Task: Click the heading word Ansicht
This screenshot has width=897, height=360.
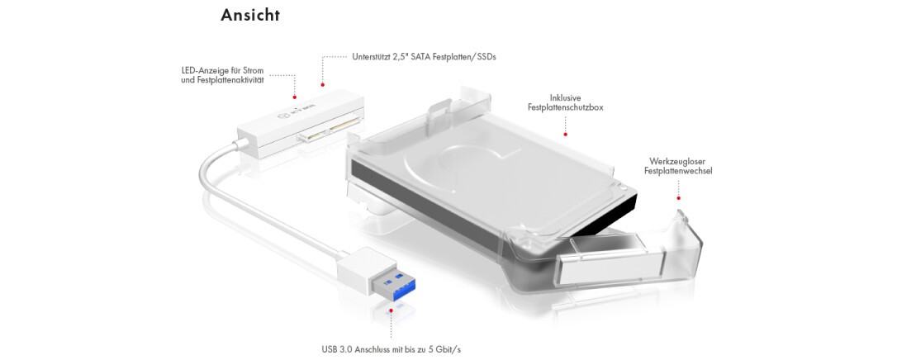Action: (250, 15)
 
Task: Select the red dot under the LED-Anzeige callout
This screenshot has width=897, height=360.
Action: (295, 97)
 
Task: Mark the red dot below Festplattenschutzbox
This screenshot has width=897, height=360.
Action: (565, 135)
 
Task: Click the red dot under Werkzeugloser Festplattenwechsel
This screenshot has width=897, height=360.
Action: (678, 198)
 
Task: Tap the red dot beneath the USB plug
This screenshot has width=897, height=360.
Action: (392, 310)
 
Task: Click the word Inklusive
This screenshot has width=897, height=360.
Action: (565, 97)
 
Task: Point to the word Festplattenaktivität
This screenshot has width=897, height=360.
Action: (222, 81)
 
